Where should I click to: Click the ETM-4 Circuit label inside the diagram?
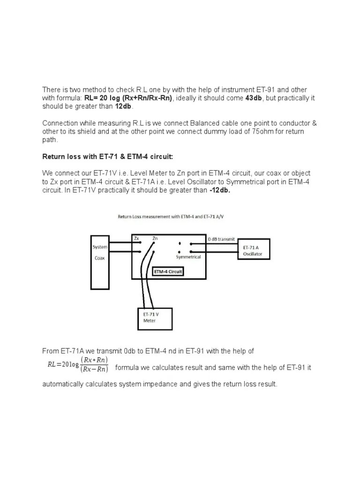168,271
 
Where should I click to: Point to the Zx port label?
136,239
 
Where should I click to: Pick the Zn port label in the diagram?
155,239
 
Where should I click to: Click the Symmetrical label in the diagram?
188,257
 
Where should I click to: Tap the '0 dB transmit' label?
221,239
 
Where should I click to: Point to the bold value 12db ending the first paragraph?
124,106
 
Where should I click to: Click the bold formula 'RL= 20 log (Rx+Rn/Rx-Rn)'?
128,98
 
